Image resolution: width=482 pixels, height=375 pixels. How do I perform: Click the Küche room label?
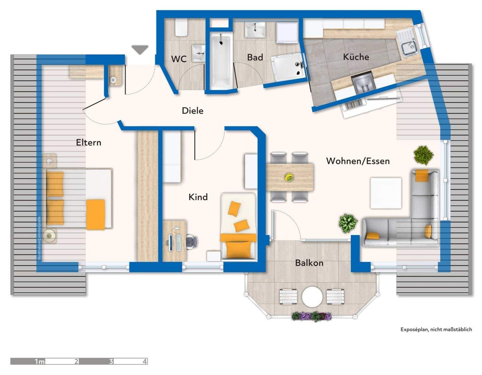[356, 57]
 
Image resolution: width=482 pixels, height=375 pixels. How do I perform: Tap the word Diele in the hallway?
[192, 111]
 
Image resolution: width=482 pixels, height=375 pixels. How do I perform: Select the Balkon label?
[309, 263]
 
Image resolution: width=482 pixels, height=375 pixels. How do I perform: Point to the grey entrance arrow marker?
[140, 50]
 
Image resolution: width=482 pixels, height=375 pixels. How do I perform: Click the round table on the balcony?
[312, 297]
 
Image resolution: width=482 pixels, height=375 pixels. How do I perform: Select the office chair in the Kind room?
[192, 242]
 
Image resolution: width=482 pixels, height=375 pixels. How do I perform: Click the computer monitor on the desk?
[170, 243]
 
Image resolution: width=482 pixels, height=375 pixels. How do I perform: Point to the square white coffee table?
[386, 193]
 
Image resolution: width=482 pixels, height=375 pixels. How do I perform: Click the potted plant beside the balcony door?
[348, 223]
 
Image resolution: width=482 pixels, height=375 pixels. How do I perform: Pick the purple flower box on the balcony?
[312, 316]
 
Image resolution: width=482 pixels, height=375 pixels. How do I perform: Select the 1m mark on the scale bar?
[40, 362]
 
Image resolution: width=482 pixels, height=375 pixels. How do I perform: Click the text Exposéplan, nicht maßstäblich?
[436, 330]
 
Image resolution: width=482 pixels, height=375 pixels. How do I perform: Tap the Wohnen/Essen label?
[358, 161]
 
